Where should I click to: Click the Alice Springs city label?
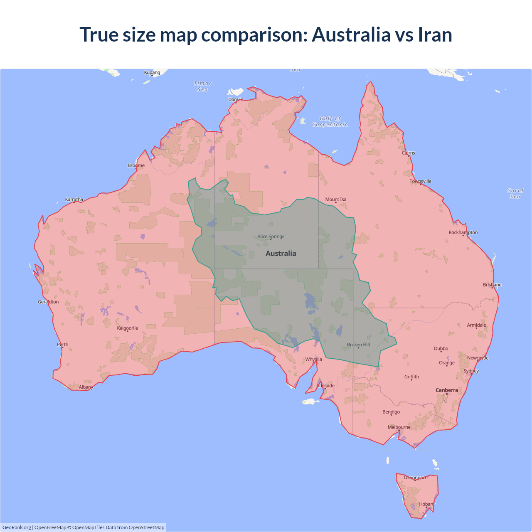271,236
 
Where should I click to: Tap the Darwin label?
236,99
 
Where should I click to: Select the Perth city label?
63,345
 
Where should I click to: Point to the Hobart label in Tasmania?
426,504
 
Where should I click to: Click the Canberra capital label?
447,390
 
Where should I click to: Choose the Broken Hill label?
358,345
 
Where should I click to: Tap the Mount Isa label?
336,199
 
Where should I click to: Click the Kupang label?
152,72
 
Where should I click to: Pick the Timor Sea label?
203,86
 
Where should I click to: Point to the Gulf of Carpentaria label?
330,121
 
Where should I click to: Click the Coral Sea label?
515,194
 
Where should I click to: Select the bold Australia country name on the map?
281,254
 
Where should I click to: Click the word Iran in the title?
435,34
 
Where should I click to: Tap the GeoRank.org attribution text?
17,527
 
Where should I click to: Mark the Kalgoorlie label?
128,328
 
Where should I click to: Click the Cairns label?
409,153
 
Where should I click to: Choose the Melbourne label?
399,427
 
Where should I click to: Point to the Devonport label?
415,478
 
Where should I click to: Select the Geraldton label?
48,302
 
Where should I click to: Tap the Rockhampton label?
463,232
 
